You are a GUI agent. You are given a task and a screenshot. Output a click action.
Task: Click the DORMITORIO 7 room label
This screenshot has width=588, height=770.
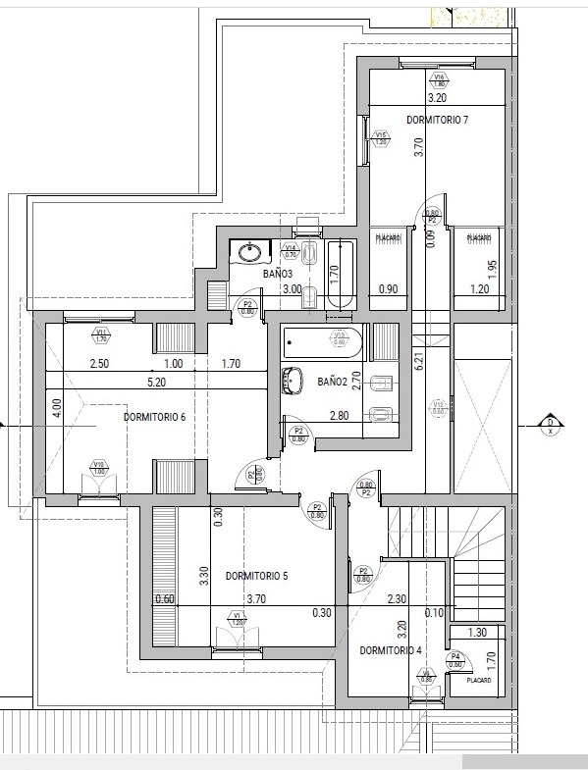(437, 120)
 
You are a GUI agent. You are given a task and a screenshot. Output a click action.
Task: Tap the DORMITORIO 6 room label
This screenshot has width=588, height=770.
(154, 417)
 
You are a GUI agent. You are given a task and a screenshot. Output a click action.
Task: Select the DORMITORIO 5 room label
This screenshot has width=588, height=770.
(255, 576)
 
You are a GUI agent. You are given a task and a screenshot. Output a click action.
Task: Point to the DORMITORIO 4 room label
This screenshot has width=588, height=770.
(390, 650)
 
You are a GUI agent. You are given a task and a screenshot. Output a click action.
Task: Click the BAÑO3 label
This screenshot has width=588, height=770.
(278, 274)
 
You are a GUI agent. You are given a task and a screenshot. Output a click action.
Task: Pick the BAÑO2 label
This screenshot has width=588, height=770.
(331, 381)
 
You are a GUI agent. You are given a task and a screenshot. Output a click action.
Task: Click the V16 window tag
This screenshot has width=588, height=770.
(440, 79)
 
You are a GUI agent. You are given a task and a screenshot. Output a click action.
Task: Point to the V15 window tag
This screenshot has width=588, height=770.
(381, 137)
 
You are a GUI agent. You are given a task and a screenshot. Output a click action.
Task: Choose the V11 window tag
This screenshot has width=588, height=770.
(101, 336)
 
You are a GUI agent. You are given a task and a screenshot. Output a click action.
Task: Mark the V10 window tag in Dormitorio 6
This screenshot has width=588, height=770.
(98, 467)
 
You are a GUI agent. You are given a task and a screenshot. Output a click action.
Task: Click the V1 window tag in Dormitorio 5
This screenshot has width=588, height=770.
(237, 618)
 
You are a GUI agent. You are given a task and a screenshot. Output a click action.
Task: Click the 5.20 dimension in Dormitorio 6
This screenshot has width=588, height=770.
(155, 382)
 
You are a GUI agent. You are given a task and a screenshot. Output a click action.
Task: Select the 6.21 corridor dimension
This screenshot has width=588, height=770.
(417, 361)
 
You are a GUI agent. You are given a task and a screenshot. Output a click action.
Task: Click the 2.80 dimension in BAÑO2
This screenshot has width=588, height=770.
(341, 416)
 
